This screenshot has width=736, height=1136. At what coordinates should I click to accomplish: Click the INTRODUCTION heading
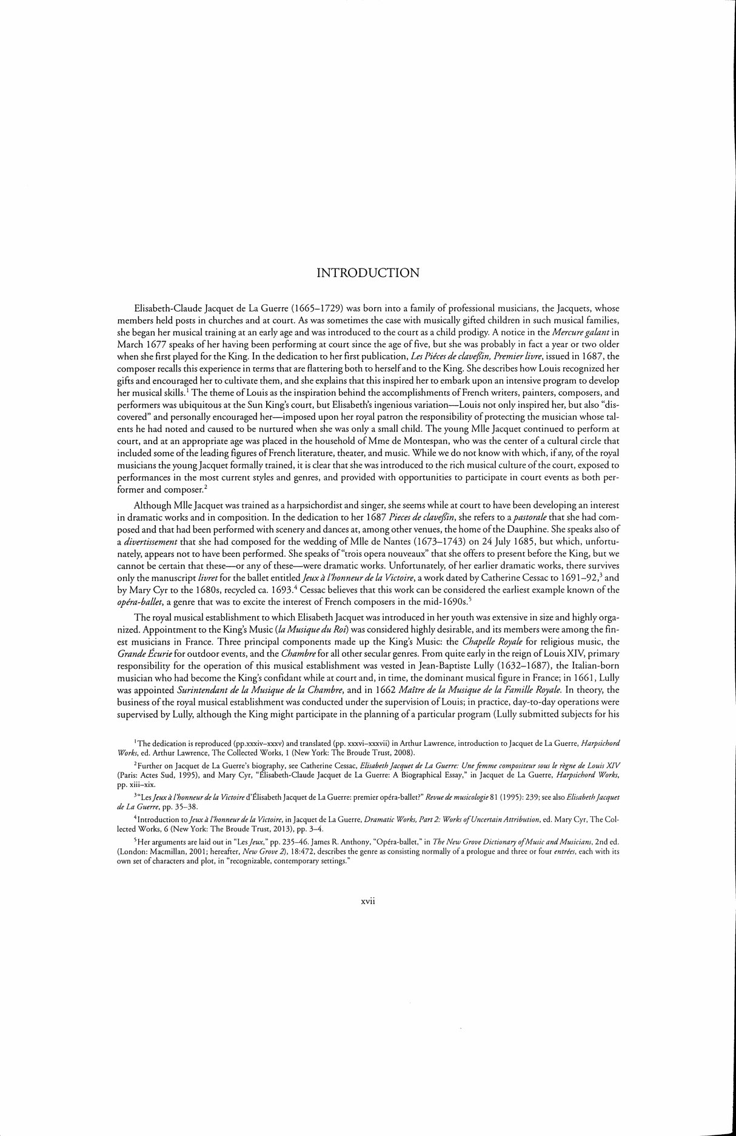(x=368, y=273)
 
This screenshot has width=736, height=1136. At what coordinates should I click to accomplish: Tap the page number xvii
(x=369, y=902)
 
